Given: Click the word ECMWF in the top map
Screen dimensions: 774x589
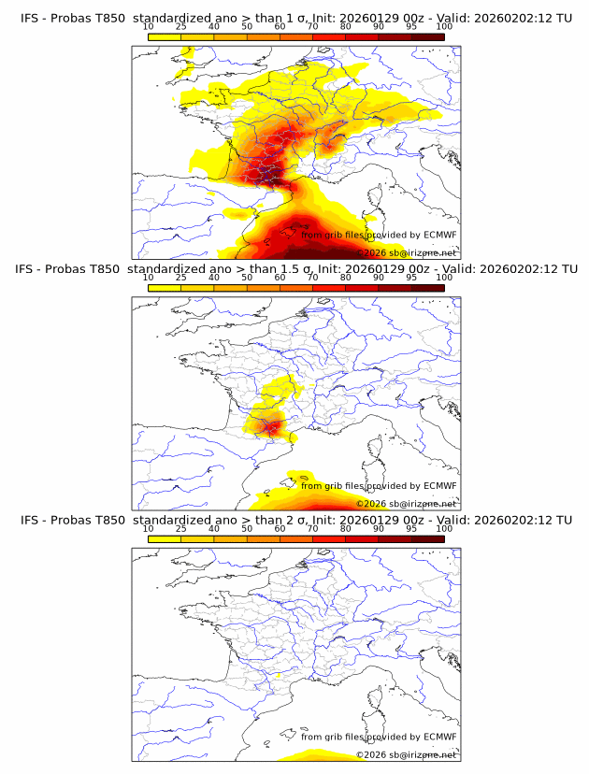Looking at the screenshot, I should (439, 236).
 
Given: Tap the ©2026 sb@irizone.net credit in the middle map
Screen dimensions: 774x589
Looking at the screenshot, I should (406, 503).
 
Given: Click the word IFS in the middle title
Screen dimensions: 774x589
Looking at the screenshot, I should (29, 269).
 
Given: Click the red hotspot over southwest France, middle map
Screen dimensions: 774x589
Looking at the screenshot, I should (270, 428).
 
